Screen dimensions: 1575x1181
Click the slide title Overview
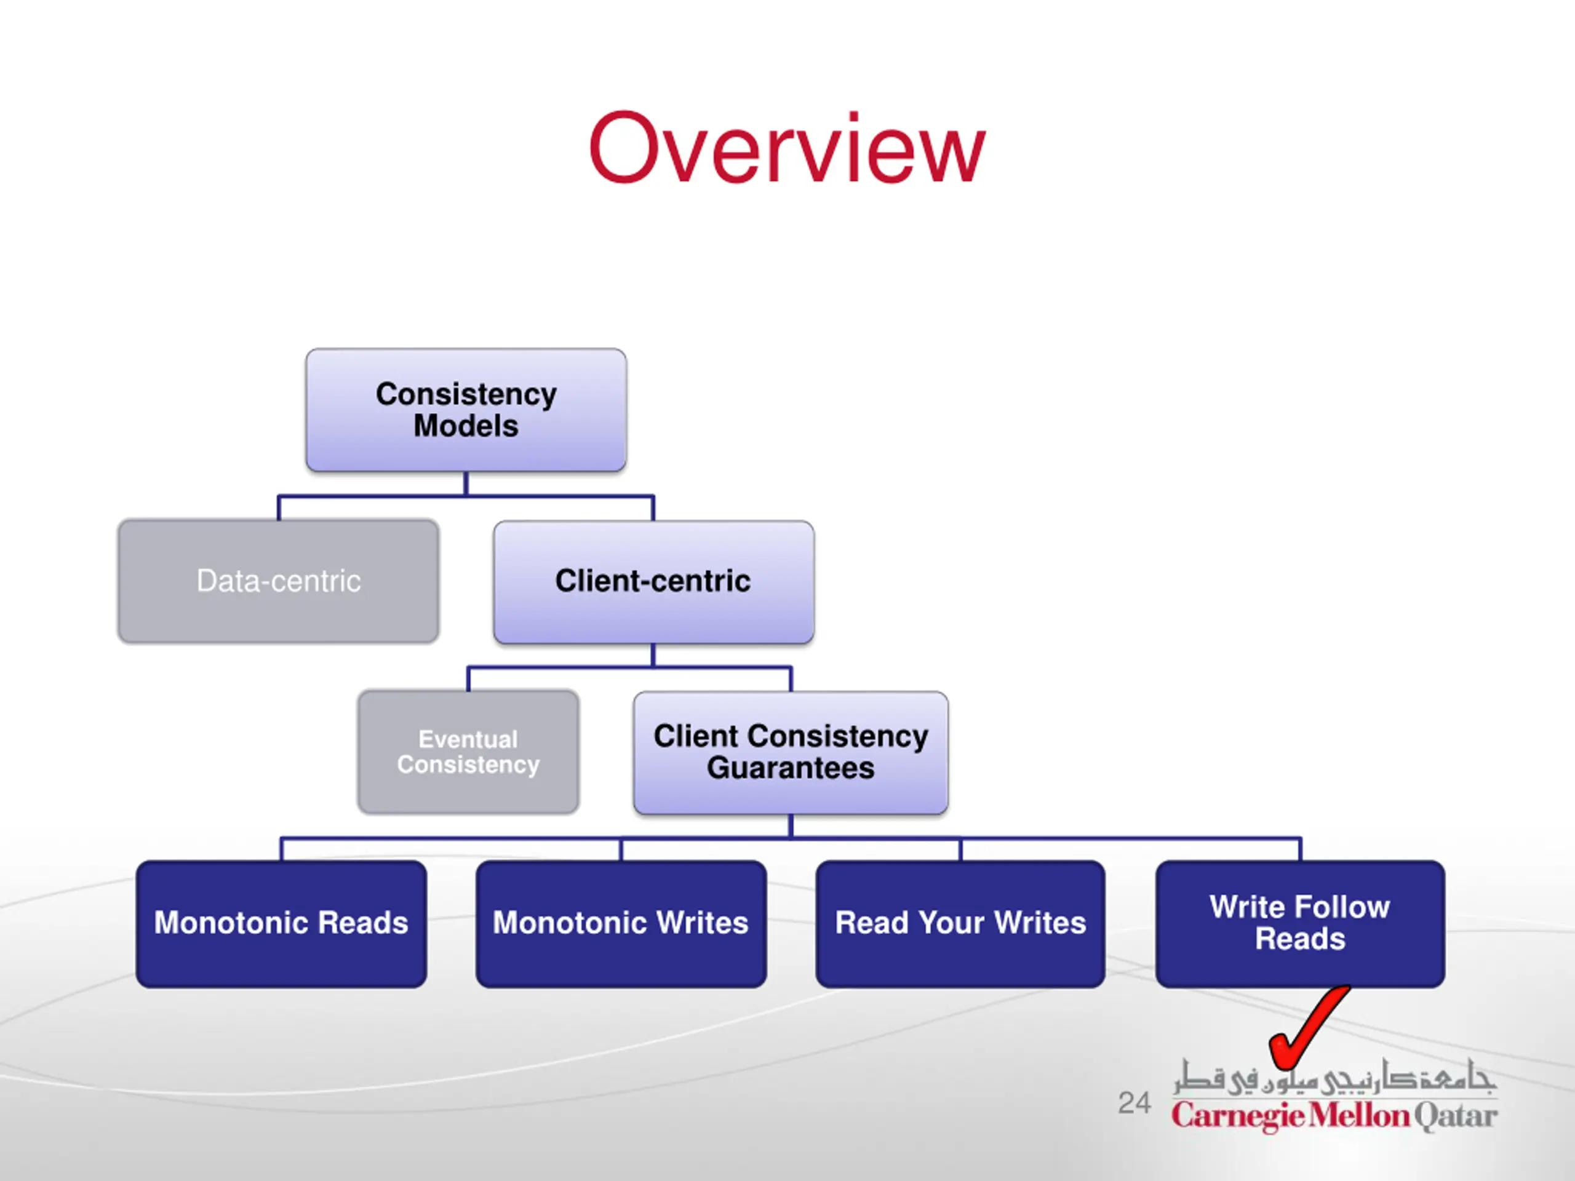[x=787, y=148]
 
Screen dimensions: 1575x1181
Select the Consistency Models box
[x=466, y=410]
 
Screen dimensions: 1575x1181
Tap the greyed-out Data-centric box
[x=279, y=581]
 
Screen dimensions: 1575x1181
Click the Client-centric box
[x=653, y=583]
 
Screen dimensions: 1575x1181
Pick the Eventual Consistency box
[x=469, y=752]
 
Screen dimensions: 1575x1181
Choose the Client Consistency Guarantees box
[x=791, y=753]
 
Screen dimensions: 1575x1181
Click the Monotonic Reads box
[x=281, y=924]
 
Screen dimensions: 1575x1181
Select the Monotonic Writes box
[x=621, y=924]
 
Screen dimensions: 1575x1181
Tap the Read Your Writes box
[x=960, y=924]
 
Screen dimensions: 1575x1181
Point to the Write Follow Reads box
[x=1300, y=924]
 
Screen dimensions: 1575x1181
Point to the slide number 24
[x=1134, y=1103]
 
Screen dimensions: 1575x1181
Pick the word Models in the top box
[x=466, y=426]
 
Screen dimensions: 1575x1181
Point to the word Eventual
[x=469, y=739]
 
